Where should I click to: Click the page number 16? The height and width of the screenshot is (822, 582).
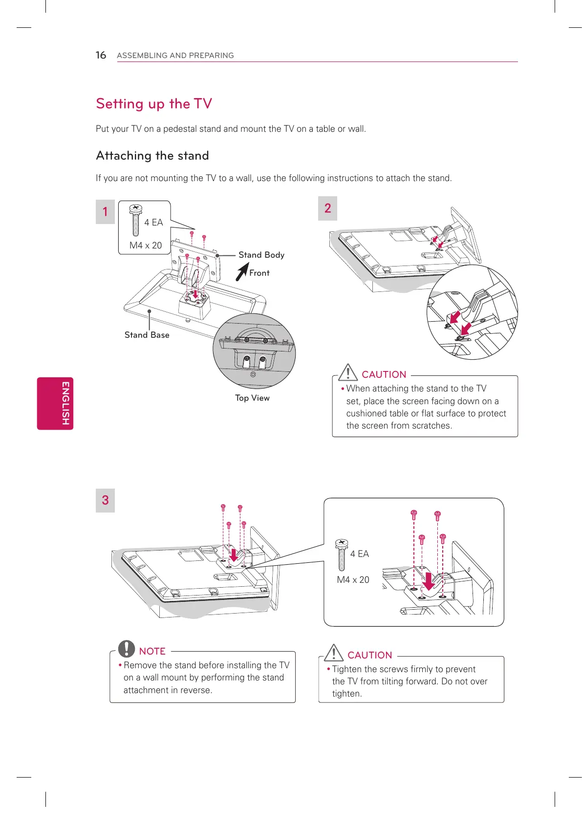[x=101, y=55]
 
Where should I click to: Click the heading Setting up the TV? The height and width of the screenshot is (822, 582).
[x=154, y=103]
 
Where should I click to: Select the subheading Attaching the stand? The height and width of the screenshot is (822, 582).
[x=152, y=156]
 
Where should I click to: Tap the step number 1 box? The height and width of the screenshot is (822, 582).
[x=105, y=212]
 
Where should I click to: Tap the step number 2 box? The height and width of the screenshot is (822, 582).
[x=327, y=208]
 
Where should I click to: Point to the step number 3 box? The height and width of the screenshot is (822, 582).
[x=105, y=500]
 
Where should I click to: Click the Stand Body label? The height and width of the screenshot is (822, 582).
[x=261, y=255]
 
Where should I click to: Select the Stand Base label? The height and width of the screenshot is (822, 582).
[x=147, y=335]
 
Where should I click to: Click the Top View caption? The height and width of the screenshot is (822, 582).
[x=252, y=398]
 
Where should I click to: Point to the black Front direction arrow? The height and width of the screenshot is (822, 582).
[x=241, y=272]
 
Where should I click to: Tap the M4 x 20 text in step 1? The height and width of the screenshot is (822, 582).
[x=146, y=245]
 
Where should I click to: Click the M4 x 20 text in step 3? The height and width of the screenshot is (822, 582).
[x=353, y=579]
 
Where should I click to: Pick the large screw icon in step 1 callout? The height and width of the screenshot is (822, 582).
[x=136, y=220]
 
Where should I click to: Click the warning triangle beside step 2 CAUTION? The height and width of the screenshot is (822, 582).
[x=348, y=372]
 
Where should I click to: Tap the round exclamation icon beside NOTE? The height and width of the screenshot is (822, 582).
[x=127, y=649]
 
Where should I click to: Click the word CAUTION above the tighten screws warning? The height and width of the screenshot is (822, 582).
[x=369, y=655]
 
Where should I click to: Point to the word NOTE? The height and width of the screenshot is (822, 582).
[x=152, y=651]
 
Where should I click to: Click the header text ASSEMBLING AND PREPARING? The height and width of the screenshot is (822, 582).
[x=175, y=56]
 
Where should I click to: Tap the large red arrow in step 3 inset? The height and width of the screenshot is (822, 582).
[x=429, y=581]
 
